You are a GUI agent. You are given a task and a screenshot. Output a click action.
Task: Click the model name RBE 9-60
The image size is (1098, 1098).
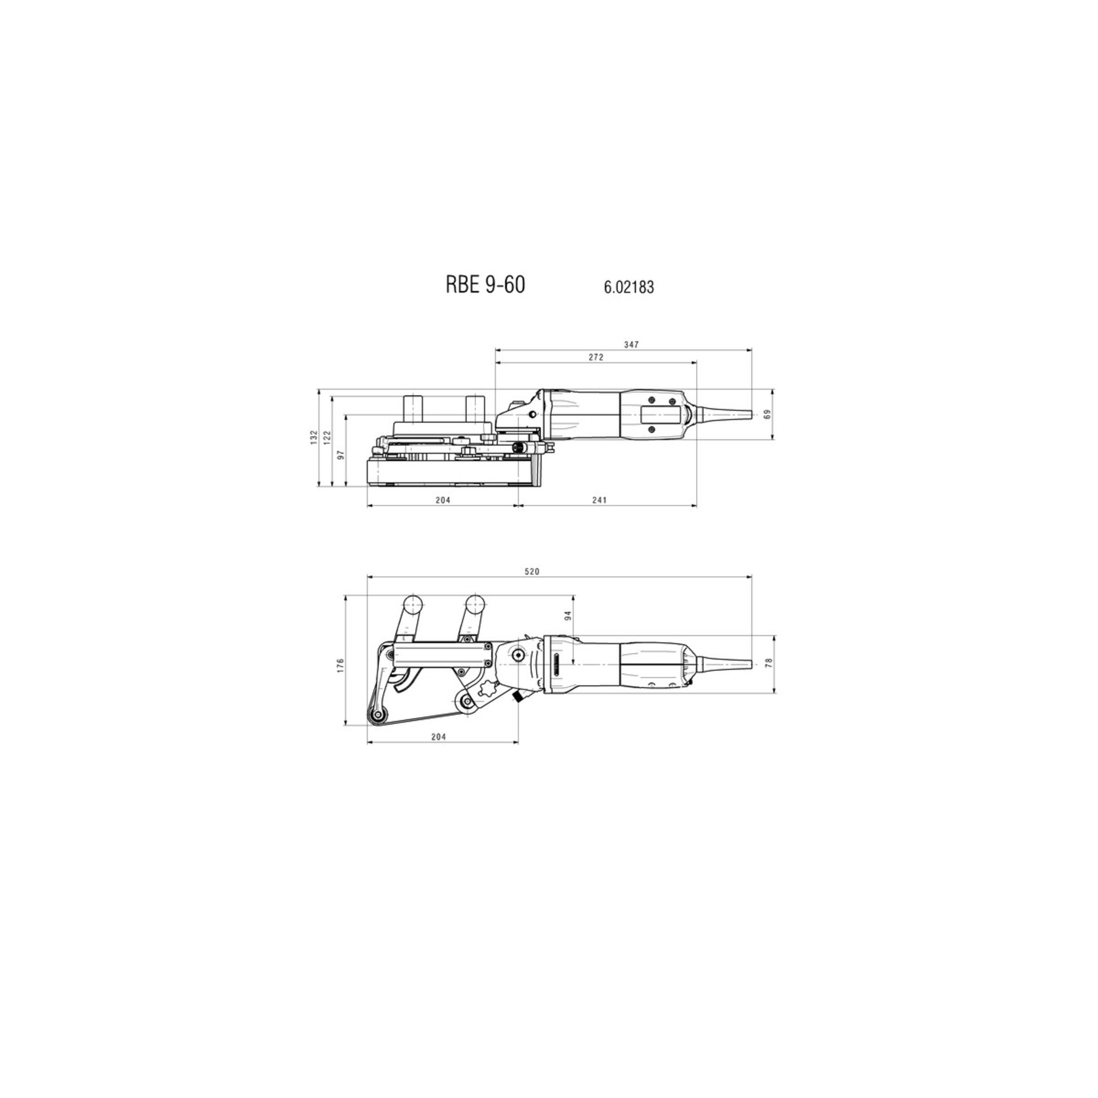pos(485,285)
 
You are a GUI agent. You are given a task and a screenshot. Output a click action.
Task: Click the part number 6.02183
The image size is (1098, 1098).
pos(628,287)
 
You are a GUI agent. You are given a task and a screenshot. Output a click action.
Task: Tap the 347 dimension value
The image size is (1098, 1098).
pos(631,344)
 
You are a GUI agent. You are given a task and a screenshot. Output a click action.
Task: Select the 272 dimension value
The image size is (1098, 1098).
pos(596,357)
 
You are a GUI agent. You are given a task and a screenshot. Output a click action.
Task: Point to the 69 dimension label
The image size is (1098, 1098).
pos(768,414)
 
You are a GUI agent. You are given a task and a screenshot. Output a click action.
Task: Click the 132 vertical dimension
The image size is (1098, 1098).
pos(313,437)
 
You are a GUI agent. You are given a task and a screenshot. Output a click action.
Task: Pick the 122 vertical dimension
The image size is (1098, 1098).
pos(327,437)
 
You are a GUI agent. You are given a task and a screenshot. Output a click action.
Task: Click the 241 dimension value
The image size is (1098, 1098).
pos(599,500)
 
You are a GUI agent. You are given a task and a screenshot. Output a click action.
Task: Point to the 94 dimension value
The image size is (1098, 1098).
pos(568,615)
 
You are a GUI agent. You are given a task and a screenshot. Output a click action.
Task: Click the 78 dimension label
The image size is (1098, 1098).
pos(769,663)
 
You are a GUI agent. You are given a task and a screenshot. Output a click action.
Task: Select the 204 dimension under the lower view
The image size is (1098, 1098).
pos(438,737)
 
